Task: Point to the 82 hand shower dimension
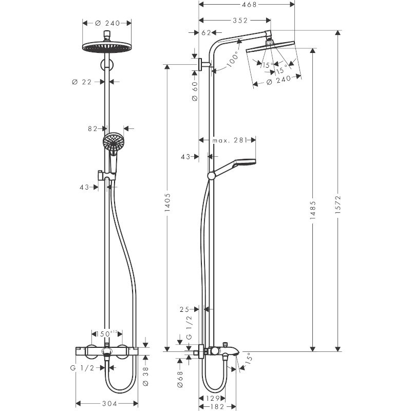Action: coord(92,128)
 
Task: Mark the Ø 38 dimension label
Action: coord(145,375)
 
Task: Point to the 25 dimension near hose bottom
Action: coord(185,309)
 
